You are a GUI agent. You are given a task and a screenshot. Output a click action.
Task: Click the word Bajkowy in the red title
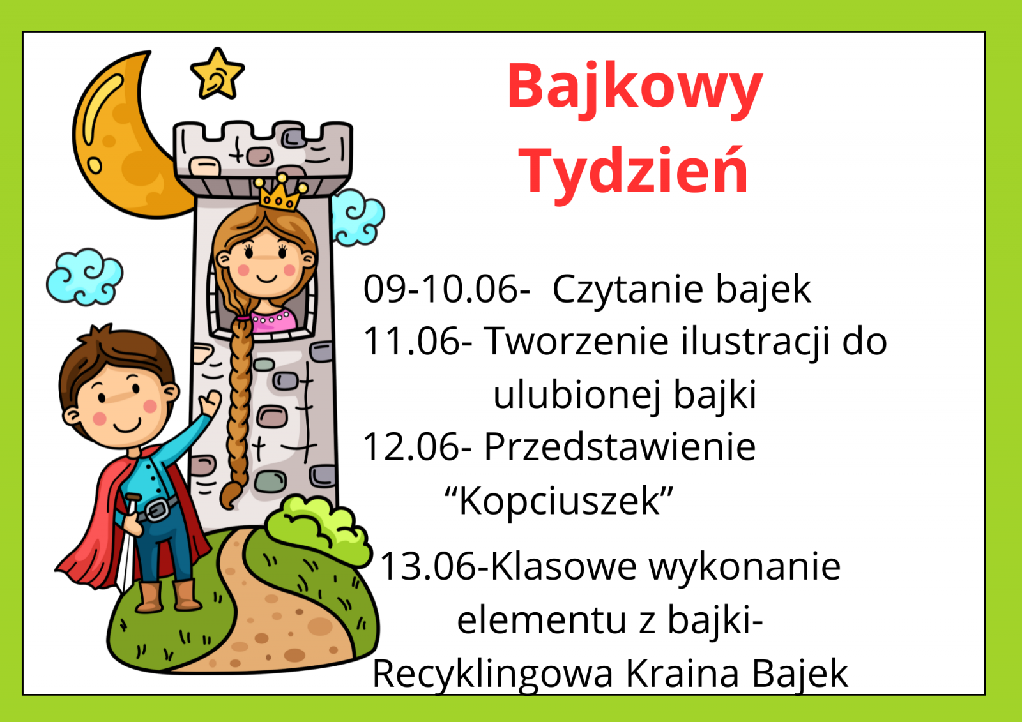coord(635,89)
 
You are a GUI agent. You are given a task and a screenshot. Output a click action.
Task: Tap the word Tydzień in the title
coord(633,173)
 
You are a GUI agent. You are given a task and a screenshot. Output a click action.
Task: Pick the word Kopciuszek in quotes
coord(560,500)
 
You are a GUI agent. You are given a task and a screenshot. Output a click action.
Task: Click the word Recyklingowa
coord(492,675)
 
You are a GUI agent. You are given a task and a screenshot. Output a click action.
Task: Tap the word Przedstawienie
coord(620,447)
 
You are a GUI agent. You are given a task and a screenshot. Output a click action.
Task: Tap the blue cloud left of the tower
coord(84,277)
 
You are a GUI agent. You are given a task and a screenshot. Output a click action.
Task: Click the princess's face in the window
coord(266,262)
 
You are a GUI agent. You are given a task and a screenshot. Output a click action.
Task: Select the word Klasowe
coord(564,566)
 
